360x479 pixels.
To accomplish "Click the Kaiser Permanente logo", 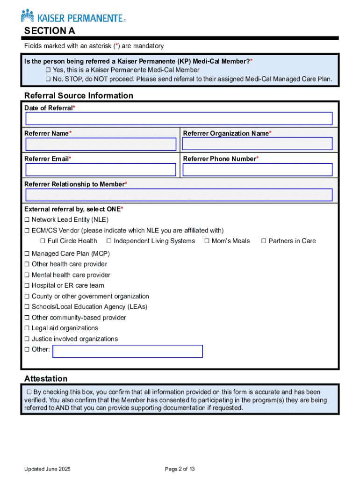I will click(73, 17).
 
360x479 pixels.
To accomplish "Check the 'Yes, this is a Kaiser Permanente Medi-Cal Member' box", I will click(48, 70).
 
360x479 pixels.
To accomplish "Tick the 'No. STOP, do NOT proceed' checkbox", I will click(48, 79).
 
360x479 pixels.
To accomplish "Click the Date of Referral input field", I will click(179, 119).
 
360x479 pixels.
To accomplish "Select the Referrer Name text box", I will click(101, 144).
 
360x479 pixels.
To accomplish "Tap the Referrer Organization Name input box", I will click(258, 144).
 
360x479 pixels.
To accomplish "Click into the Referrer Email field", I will click(101, 169).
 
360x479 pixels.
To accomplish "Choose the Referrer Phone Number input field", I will click(258, 169).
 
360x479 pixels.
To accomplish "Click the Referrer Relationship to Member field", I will click(179, 195).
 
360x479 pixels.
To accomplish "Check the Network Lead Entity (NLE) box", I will click(27, 220).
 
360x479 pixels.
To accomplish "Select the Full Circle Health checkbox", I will click(43, 241).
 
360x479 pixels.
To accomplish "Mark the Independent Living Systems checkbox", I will click(109, 241).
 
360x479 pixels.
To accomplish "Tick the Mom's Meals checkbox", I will click(207, 241).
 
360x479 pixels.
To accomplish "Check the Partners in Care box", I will click(264, 241).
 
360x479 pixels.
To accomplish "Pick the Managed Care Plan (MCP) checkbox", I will click(27, 254).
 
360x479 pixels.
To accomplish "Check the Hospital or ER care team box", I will click(27, 286).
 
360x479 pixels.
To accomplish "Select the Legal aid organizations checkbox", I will click(27, 328).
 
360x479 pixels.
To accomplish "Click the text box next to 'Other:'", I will click(128, 351).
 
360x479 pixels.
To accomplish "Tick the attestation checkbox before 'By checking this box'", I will click(29, 392).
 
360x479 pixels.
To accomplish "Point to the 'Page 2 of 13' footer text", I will click(180, 469).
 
